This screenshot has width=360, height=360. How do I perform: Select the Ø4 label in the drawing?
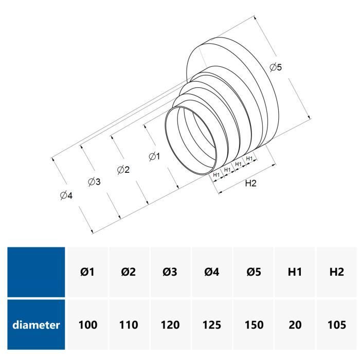click(65, 195)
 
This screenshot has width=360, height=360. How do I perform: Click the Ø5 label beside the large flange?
click(276, 67)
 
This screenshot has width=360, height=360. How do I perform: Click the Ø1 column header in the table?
click(87, 272)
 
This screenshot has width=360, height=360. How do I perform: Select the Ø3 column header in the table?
click(170, 272)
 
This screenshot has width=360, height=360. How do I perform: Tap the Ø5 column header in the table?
click(254, 272)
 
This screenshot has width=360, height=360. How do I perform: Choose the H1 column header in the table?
click(295, 272)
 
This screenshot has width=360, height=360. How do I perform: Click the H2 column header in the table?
click(336, 272)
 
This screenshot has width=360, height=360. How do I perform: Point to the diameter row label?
click(37, 325)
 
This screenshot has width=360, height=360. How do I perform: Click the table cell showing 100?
click(87, 325)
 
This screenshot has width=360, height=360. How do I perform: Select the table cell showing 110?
click(129, 325)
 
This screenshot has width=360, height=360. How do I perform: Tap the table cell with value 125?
click(212, 325)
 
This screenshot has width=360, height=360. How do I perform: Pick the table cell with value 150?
click(254, 325)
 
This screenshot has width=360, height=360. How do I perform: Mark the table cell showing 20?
click(295, 325)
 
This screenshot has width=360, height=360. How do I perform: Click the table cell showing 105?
click(336, 325)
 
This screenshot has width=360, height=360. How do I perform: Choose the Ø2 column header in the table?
click(129, 272)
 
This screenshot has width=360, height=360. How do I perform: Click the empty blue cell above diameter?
click(37, 272)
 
